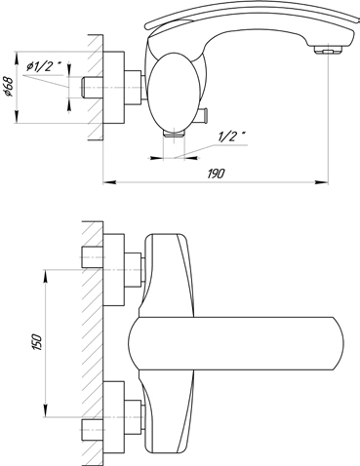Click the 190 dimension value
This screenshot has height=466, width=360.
(x=216, y=174)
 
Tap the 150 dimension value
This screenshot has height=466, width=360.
(x=38, y=342)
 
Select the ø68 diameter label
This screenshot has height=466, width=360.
(x=9, y=87)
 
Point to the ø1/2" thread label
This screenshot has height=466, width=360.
(x=44, y=66)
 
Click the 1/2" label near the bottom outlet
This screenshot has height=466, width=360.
(x=232, y=136)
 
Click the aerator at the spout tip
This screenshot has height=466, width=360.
(x=329, y=50)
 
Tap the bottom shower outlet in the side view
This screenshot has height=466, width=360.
(x=175, y=133)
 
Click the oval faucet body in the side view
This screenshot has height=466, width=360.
(x=173, y=92)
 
